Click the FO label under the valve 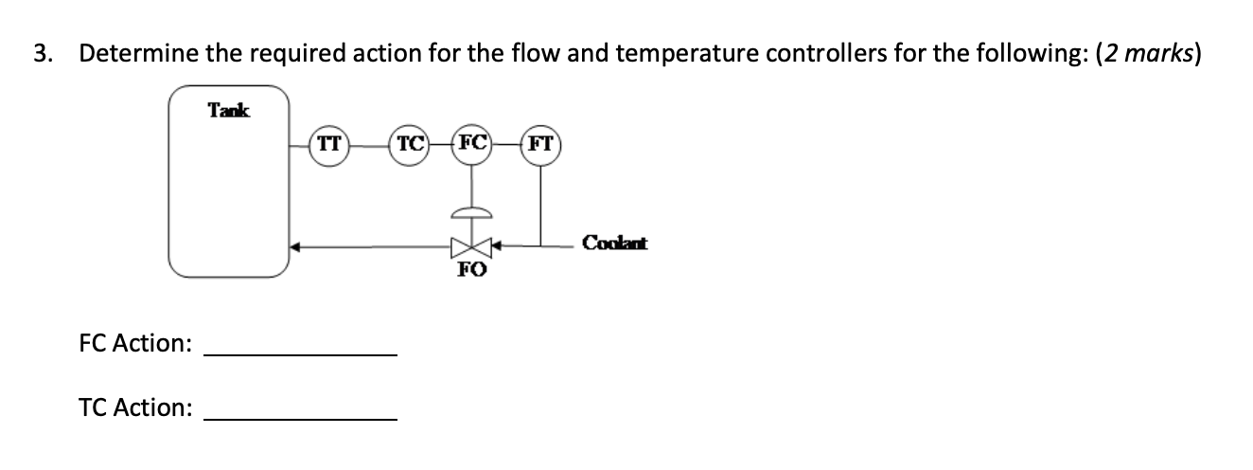coord(472,270)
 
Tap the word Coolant coord(614,243)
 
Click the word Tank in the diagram coord(229,110)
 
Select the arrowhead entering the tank coord(295,247)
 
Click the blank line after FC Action coord(301,353)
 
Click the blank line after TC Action coord(301,418)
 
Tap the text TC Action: coord(135,407)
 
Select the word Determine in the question coord(137,54)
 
